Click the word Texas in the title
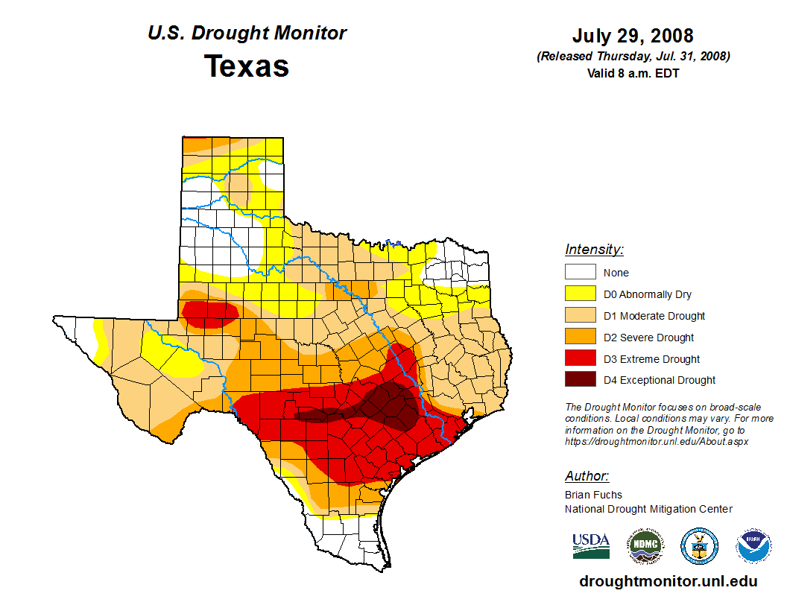(247, 66)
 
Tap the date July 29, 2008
(633, 36)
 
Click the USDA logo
(591, 545)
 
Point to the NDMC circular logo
(645, 546)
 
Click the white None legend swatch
(580, 273)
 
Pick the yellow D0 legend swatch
(580, 294)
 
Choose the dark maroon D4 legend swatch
(580, 380)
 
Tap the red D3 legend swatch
(580, 358)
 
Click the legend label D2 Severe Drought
(648, 338)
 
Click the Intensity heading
(594, 250)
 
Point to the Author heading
(587, 476)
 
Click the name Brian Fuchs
(593, 495)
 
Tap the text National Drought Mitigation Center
(648, 509)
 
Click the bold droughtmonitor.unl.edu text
(668, 582)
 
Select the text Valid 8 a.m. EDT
(633, 73)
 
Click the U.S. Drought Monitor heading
(247, 34)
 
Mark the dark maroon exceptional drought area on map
(388, 406)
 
